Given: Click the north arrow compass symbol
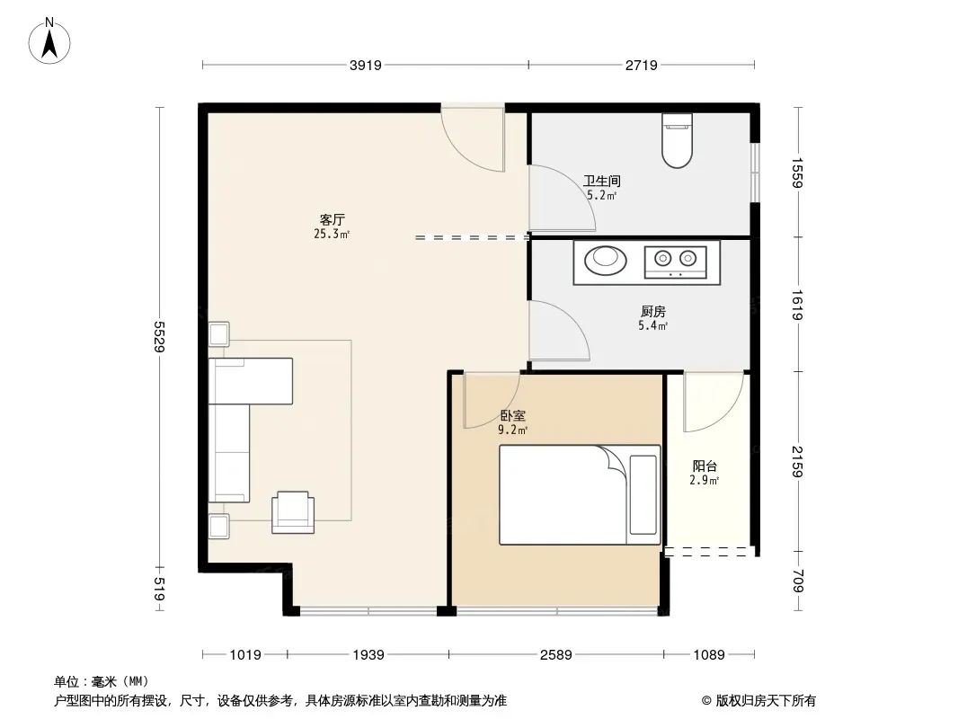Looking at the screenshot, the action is click(x=49, y=41).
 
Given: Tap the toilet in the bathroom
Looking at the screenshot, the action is click(x=677, y=140).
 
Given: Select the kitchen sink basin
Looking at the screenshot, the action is click(x=606, y=261).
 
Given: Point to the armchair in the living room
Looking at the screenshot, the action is click(x=293, y=512).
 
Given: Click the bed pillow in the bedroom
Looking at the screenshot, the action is click(x=643, y=494).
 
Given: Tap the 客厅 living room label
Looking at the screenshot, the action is click(x=333, y=219).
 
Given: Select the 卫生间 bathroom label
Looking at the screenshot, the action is click(x=602, y=181).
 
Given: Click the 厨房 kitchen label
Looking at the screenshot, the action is click(x=653, y=312).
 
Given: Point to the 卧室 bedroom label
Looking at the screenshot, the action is click(x=512, y=416).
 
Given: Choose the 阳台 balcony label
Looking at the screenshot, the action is click(x=705, y=466).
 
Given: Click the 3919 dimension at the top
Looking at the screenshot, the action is click(x=366, y=65).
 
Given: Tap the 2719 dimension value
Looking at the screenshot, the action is click(x=642, y=65).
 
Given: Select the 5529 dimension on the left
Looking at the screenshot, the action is click(x=159, y=337).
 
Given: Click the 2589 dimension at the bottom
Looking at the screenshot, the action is click(x=556, y=655).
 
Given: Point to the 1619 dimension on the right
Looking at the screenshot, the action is click(x=797, y=304).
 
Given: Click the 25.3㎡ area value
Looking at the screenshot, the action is click(x=332, y=234).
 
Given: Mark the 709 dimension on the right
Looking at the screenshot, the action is click(x=797, y=581).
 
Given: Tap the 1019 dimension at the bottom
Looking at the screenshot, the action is click(x=245, y=655).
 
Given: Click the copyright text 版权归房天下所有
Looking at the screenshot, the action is click(x=767, y=701).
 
